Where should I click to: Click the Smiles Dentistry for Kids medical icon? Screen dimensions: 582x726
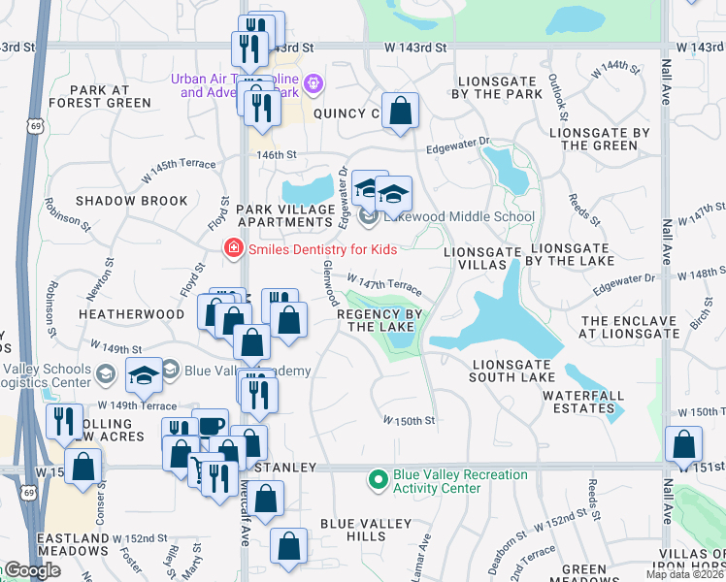(x=233, y=249)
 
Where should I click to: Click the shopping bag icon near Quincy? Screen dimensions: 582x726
(x=400, y=113)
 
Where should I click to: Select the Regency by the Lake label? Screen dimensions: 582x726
(x=381, y=320)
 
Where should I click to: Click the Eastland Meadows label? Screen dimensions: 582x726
(x=73, y=544)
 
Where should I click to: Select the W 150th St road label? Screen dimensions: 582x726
(x=409, y=421)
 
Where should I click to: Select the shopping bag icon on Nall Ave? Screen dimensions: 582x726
(x=684, y=445)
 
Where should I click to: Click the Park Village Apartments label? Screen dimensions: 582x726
(x=287, y=216)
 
